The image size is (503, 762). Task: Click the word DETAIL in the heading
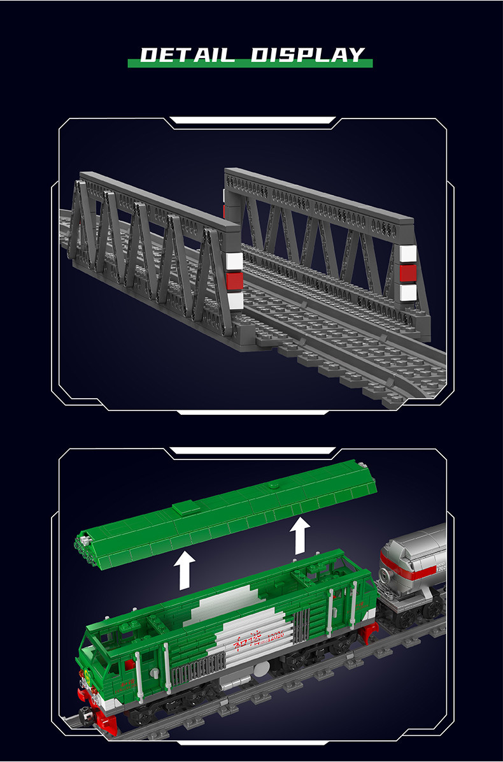(x=188, y=55)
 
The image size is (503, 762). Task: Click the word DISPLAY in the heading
(x=308, y=55)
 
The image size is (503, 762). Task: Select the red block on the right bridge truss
(x=407, y=273)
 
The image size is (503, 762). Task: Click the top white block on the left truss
(x=234, y=261)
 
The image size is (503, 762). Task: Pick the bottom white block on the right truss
(x=408, y=293)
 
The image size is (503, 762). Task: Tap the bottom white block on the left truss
(x=234, y=301)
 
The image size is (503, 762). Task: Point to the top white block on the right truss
(x=407, y=254)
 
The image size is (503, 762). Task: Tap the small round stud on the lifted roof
(x=273, y=486)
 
